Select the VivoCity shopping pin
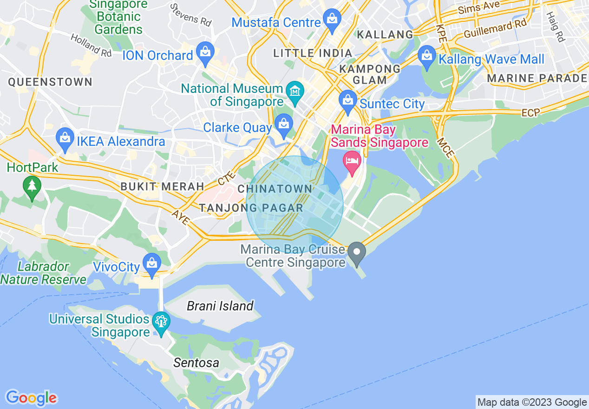click(152, 264)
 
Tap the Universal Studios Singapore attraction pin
click(161, 322)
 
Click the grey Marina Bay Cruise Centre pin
click(357, 252)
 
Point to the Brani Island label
click(220, 306)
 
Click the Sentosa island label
click(196, 363)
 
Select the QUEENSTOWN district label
click(50, 82)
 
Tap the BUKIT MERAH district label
click(162, 186)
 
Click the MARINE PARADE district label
click(537, 78)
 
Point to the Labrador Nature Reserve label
click(43, 273)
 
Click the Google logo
click(31, 398)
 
